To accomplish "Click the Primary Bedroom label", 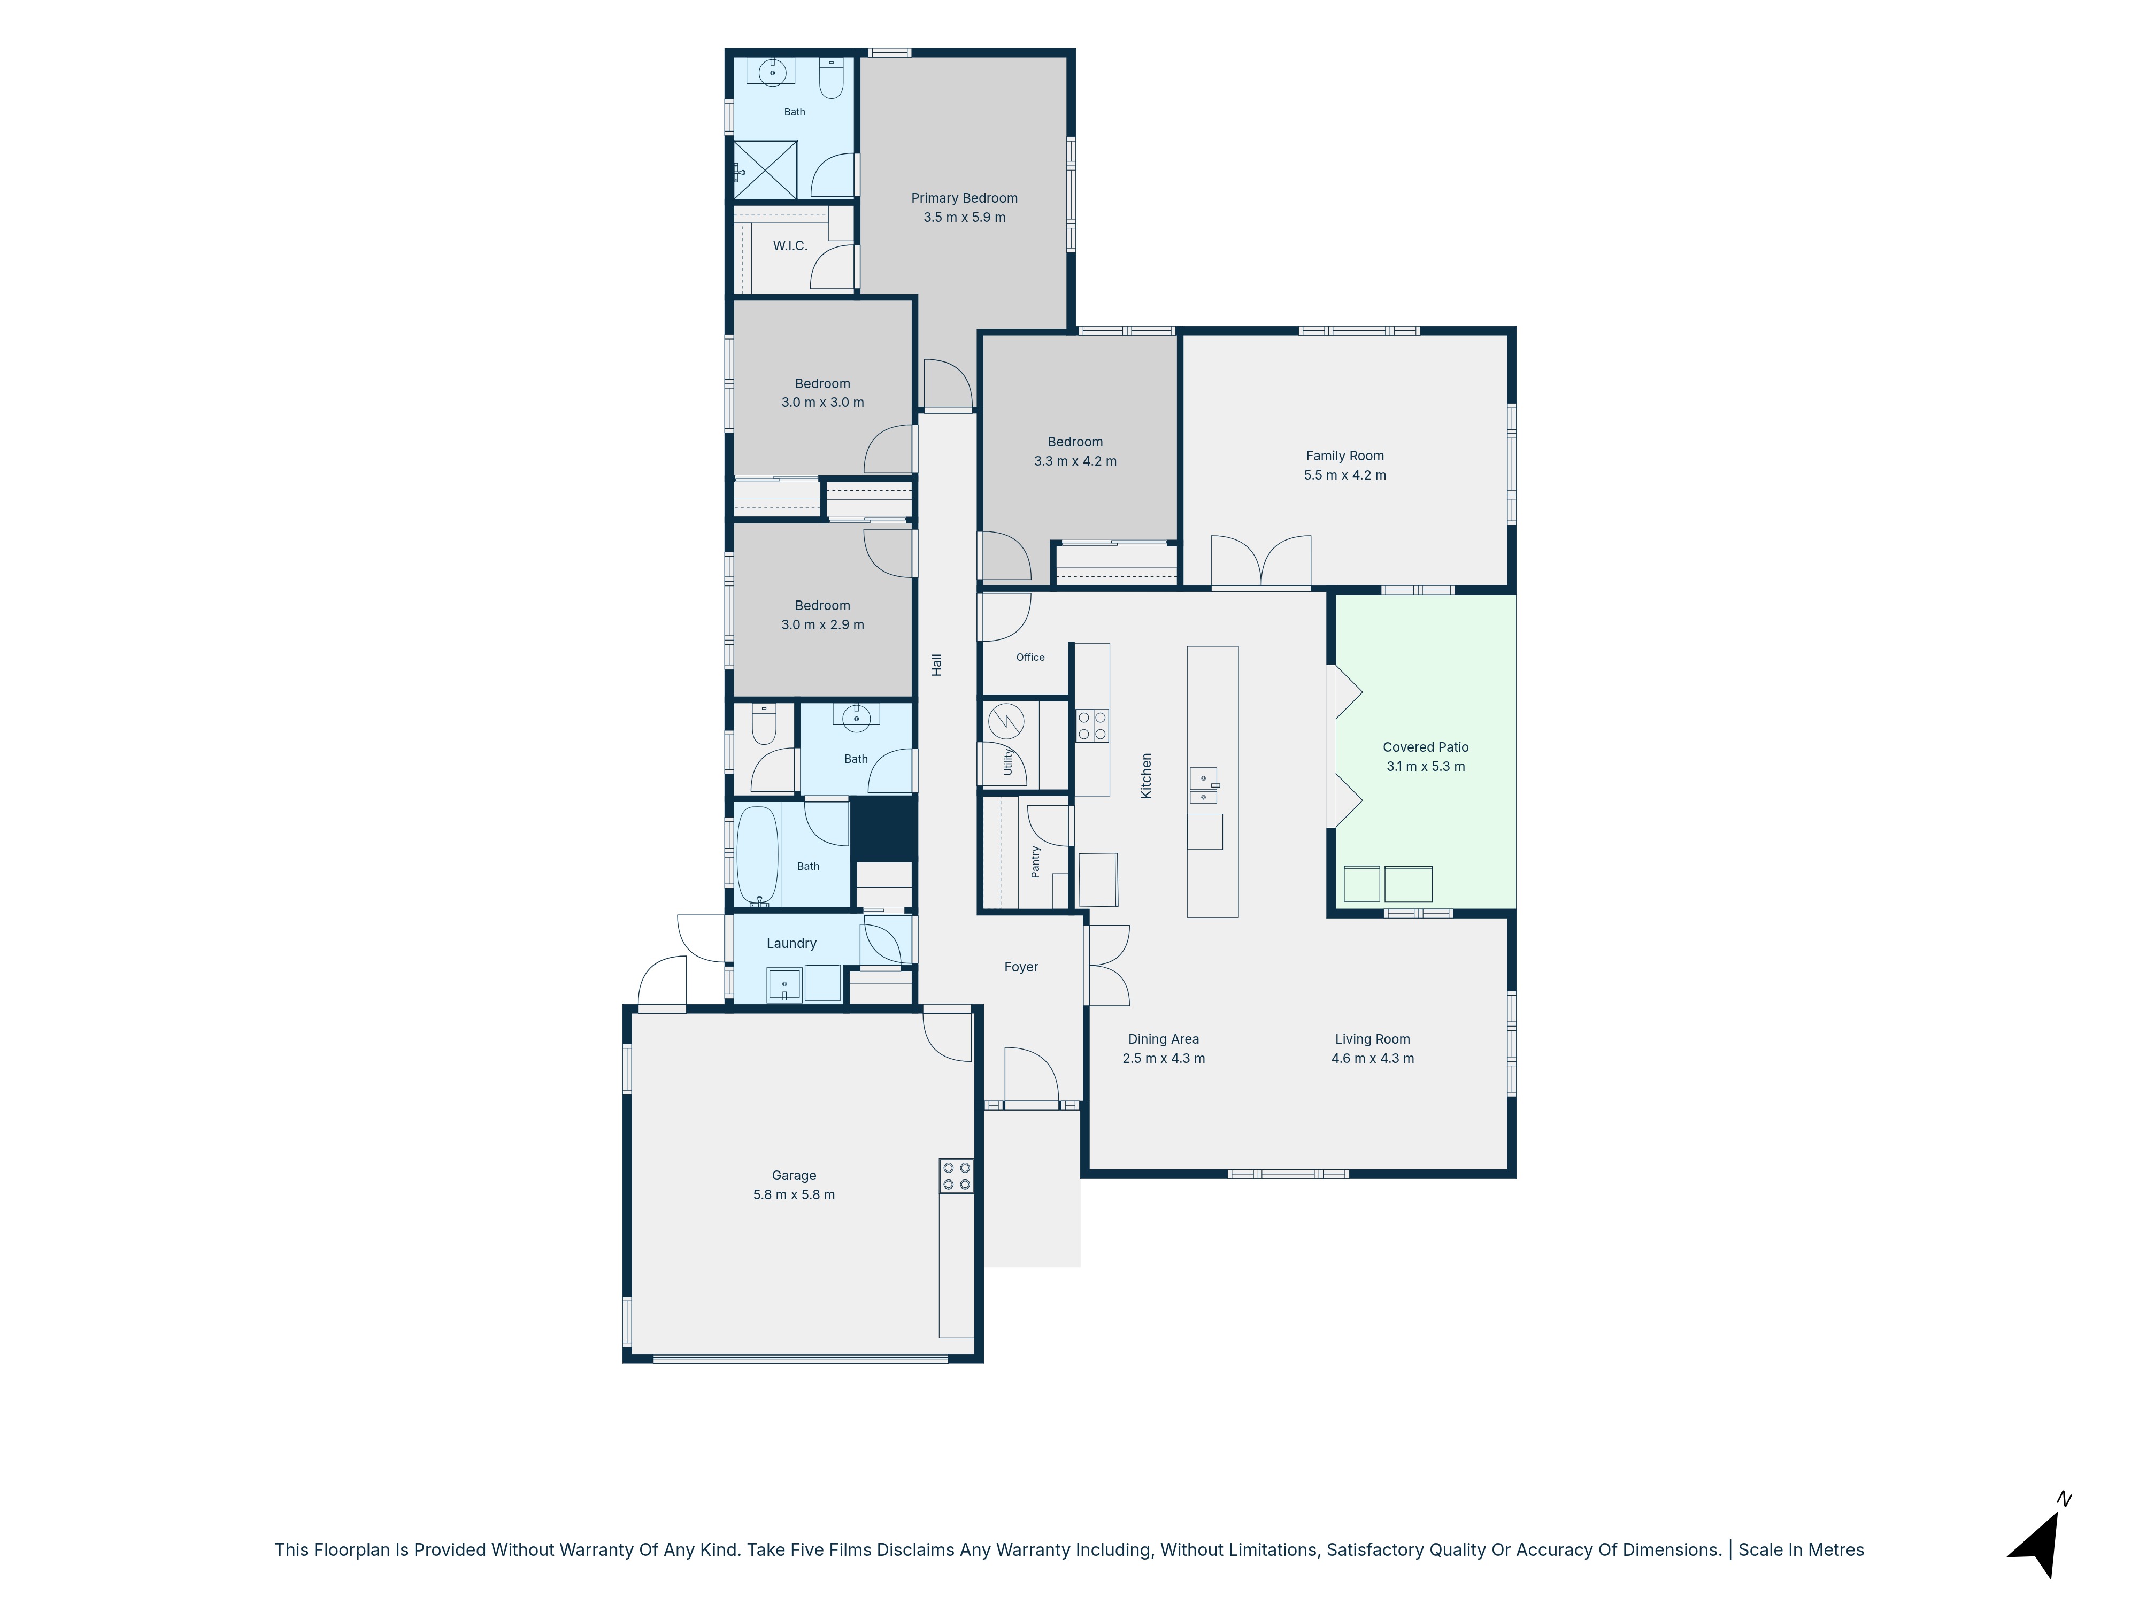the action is [964, 198].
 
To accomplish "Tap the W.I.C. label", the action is [790, 245].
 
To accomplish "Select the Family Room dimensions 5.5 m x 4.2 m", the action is [1344, 475].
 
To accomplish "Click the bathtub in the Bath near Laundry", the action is [757, 855].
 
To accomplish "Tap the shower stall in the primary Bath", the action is [766, 170].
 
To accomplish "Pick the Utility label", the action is [1007, 761].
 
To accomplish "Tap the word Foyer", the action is [1021, 967].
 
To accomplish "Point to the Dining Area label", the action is [1163, 1039].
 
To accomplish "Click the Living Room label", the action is [1372, 1039].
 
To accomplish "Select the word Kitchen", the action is [1147, 775].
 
